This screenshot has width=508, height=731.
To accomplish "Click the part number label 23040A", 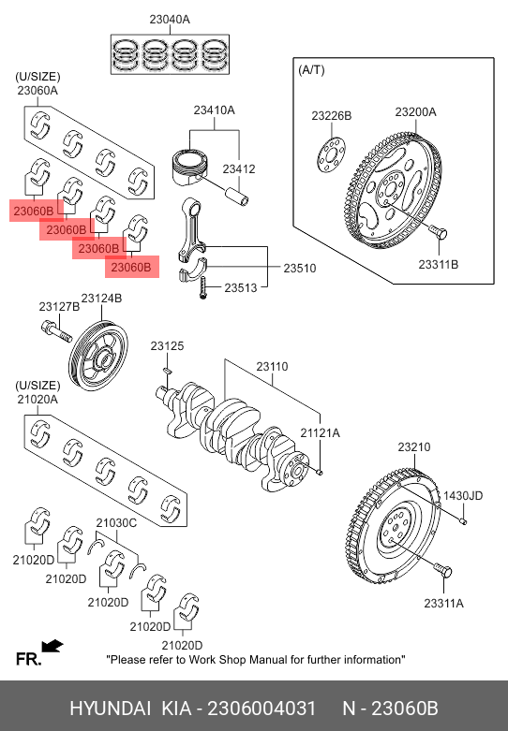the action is [170, 20].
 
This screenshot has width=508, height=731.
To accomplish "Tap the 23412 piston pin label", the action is [239, 168].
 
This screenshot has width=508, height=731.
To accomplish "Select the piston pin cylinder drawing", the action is [238, 196].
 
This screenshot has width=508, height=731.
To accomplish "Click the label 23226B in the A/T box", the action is [332, 116].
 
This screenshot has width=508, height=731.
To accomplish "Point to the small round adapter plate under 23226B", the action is [332, 154].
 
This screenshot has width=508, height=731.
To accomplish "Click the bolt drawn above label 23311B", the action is [439, 231].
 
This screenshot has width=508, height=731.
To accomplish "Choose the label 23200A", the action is [415, 112].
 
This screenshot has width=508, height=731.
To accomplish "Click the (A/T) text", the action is [311, 70].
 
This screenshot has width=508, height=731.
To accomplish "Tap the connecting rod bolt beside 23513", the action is [203, 287].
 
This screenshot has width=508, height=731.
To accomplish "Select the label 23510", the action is [300, 268].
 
